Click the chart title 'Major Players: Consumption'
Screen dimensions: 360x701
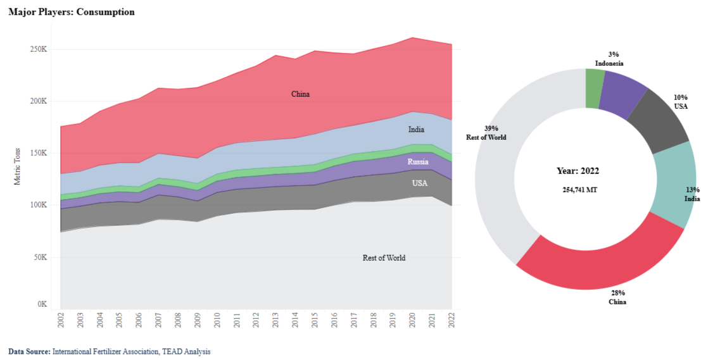tap(72, 12)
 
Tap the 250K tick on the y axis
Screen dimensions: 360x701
tap(39, 49)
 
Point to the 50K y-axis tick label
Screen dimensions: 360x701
tap(41, 258)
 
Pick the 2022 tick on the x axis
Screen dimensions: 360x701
tap(452, 319)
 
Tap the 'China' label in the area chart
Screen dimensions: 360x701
tap(300, 94)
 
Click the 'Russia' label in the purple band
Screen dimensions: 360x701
tap(418, 161)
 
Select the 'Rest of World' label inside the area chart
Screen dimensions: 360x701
tap(384, 258)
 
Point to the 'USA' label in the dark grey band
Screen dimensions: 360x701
tap(419, 183)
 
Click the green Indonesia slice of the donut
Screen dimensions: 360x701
tap(595, 80)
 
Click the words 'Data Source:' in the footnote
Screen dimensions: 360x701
tap(29, 351)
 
